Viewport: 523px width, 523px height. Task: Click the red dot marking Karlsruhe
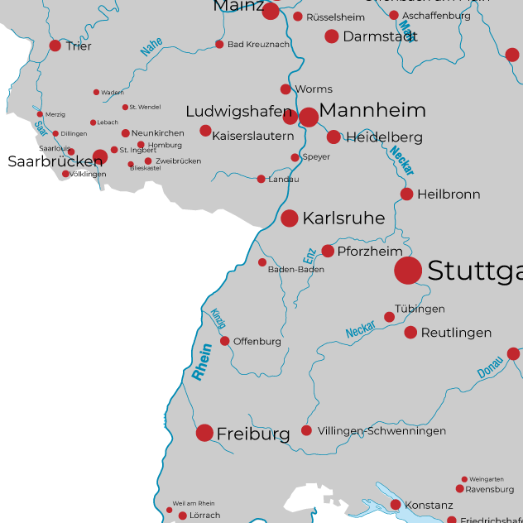pyautogui.click(x=290, y=218)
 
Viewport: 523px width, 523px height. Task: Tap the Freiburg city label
pyautogui.click(x=253, y=434)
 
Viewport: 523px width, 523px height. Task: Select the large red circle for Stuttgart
pyautogui.click(x=408, y=271)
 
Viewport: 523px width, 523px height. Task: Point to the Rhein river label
pyautogui.click(x=202, y=362)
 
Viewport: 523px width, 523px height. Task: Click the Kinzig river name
pyautogui.click(x=218, y=319)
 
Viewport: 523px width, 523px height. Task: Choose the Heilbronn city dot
pyautogui.click(x=407, y=194)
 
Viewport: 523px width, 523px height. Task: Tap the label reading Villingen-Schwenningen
pyautogui.click(x=381, y=431)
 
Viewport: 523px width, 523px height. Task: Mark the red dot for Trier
pyautogui.click(x=55, y=46)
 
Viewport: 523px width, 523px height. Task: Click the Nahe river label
pyautogui.click(x=151, y=48)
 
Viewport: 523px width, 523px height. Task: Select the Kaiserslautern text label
pyautogui.click(x=253, y=136)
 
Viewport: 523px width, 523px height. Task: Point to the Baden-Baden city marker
pyautogui.click(x=262, y=262)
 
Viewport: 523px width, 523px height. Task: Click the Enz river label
pyautogui.click(x=309, y=255)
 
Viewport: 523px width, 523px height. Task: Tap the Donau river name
pyautogui.click(x=490, y=368)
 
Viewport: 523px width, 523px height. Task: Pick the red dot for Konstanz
pyautogui.click(x=396, y=505)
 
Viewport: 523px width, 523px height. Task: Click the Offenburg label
pyautogui.click(x=257, y=342)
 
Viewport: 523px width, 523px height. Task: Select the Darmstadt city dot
pyautogui.click(x=332, y=36)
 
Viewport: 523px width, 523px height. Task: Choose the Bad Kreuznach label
pyautogui.click(x=258, y=45)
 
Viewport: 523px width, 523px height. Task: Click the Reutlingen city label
pyautogui.click(x=456, y=333)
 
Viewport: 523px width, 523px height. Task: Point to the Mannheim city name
pyautogui.click(x=372, y=111)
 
